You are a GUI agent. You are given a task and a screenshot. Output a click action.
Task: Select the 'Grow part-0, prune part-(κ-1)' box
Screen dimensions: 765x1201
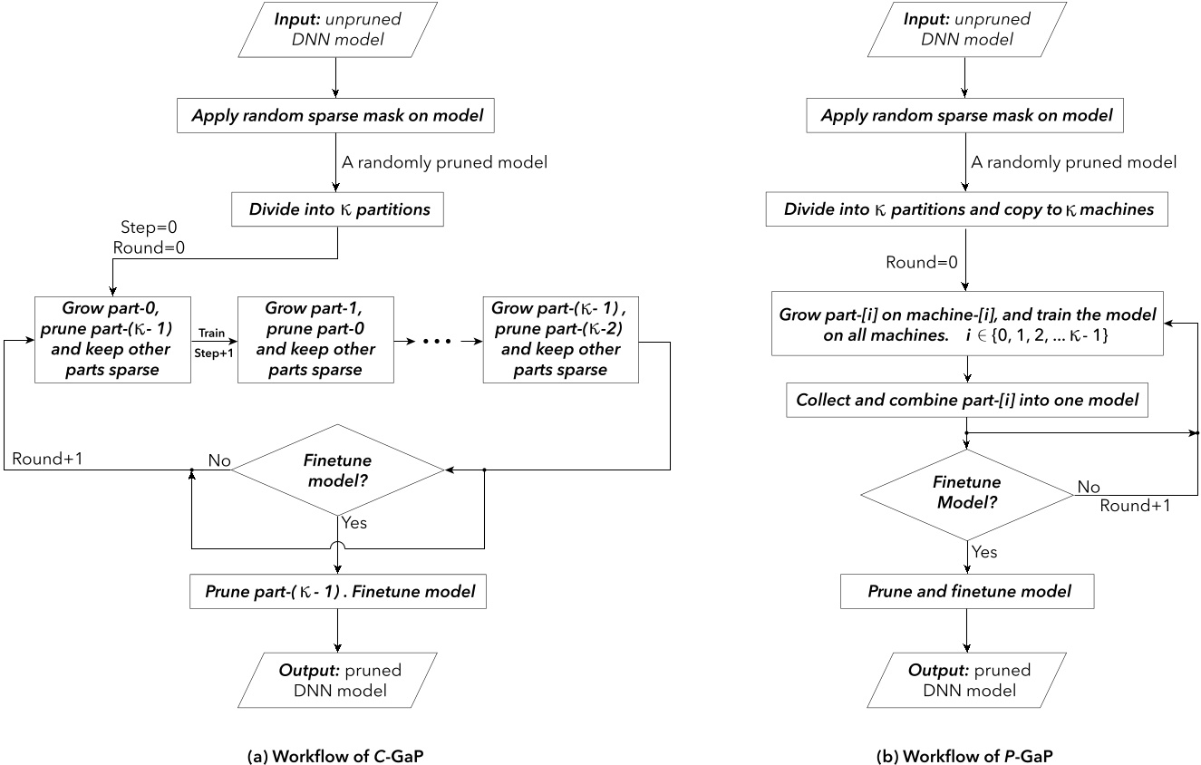(112, 339)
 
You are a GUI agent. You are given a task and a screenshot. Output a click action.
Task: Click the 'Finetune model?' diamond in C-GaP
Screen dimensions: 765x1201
(336, 469)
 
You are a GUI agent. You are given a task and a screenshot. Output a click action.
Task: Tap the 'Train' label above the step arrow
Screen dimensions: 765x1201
(213, 333)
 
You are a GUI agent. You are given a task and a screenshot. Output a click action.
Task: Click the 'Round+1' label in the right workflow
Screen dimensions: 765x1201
(1134, 506)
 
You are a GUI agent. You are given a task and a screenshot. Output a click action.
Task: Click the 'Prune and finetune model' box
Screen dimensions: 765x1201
(969, 592)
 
